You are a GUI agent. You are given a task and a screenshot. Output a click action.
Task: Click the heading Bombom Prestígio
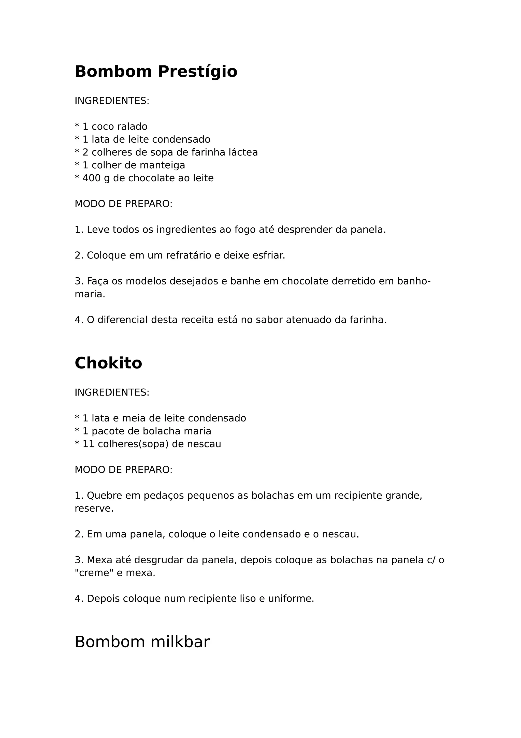tap(156, 71)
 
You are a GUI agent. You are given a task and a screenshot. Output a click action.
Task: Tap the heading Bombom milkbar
tap(142, 642)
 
